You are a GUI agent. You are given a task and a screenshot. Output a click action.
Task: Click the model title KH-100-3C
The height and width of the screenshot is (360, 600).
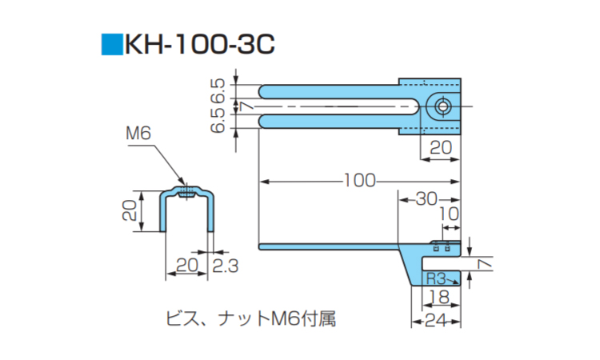point(200,43)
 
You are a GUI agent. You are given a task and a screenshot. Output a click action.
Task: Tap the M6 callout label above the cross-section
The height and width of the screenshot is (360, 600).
point(138,134)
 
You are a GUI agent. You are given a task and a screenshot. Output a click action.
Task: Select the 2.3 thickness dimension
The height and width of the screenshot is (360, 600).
point(226,266)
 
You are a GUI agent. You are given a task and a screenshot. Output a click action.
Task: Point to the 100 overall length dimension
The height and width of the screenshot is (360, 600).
point(359,181)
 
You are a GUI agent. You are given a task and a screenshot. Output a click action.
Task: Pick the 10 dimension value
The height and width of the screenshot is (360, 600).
point(450,215)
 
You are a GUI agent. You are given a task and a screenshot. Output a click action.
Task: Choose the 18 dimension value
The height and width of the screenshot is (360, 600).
point(437,298)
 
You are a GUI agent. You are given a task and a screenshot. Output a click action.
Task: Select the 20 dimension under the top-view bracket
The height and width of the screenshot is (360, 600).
point(442,146)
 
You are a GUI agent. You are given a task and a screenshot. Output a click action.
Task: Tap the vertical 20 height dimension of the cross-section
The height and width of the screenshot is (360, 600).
point(128,210)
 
